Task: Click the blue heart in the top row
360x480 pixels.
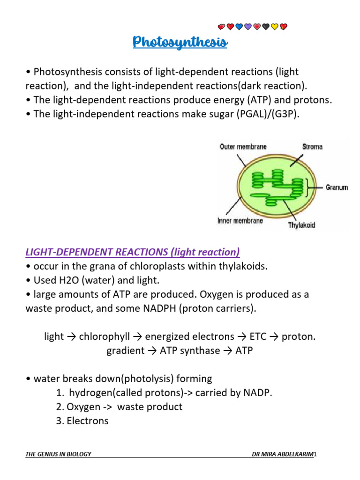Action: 239,27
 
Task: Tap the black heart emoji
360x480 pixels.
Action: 266,27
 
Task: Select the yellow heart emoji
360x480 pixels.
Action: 275,27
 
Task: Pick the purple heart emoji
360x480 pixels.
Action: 248,27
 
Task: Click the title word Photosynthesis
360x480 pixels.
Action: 180,43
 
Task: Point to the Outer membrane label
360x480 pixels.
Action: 243,147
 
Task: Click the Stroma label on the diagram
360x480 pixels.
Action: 312,147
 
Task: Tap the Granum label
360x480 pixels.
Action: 337,187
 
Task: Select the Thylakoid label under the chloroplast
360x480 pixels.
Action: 301,225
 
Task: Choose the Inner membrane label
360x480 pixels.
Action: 240,220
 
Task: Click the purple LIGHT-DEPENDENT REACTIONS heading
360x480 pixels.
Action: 133,252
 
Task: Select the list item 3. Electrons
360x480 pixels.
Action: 82,421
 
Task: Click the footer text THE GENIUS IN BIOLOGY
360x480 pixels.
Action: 58,454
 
